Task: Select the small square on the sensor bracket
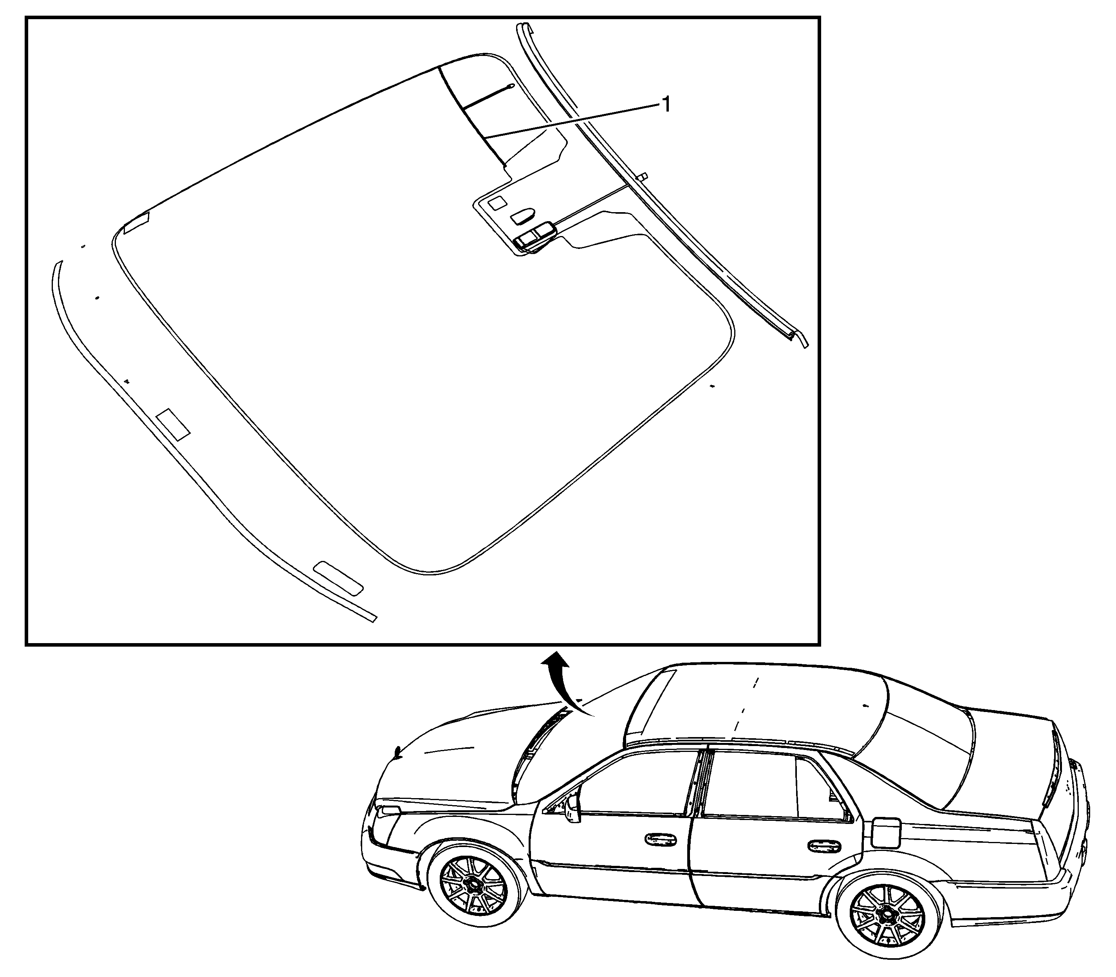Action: tap(497, 204)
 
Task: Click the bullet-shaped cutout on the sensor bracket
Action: tap(522, 216)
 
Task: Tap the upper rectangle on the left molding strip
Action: tap(172, 424)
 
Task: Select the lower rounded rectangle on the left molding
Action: tap(339, 577)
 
